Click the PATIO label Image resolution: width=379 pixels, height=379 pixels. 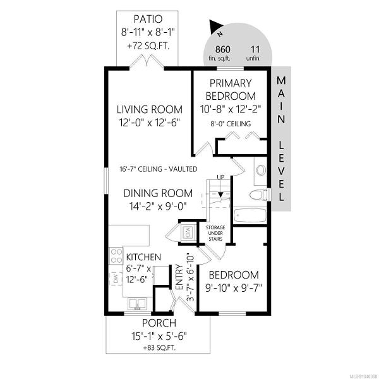(x=148, y=19)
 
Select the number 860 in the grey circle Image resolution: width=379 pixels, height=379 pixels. (x=222, y=49)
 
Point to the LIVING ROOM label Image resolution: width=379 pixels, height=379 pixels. (x=149, y=109)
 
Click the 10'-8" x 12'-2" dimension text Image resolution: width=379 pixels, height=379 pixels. (x=231, y=109)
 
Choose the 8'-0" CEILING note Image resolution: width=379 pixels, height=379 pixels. (x=231, y=124)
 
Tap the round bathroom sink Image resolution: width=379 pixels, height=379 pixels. (x=261, y=170)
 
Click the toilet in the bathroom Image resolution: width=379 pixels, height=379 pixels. (x=258, y=195)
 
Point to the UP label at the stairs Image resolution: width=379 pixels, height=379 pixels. (x=220, y=177)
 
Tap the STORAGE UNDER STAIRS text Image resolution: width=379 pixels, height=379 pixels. (x=215, y=233)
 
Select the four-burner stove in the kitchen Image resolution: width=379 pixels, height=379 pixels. (x=116, y=256)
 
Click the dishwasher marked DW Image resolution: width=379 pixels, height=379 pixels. (x=116, y=279)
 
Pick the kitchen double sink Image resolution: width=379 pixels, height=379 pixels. (x=137, y=304)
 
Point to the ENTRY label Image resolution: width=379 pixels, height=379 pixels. (x=179, y=277)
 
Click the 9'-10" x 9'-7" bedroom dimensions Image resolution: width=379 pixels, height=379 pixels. (x=234, y=288)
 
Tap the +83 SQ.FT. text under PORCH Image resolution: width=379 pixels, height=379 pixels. (x=159, y=348)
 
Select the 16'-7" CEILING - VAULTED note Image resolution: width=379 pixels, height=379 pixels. (x=159, y=169)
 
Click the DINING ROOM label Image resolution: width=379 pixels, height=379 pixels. (x=158, y=193)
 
